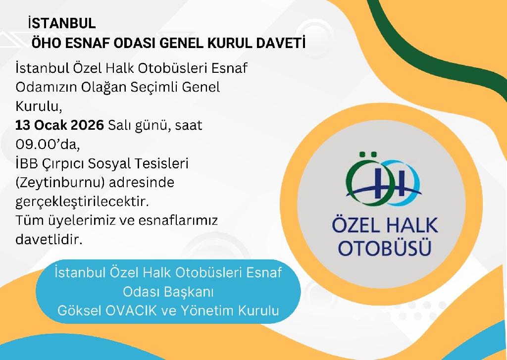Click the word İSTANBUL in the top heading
(x=62, y=24)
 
